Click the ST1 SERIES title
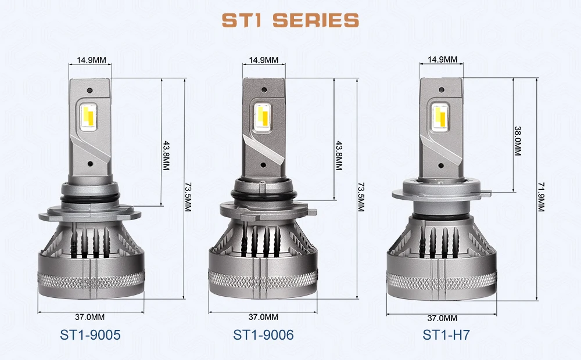(x=290, y=20)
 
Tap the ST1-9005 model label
(x=90, y=335)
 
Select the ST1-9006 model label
(x=263, y=335)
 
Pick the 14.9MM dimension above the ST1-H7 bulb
(x=442, y=60)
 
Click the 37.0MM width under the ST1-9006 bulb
(x=263, y=317)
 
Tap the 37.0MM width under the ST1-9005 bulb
(x=90, y=317)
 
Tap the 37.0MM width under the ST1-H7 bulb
(x=442, y=318)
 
